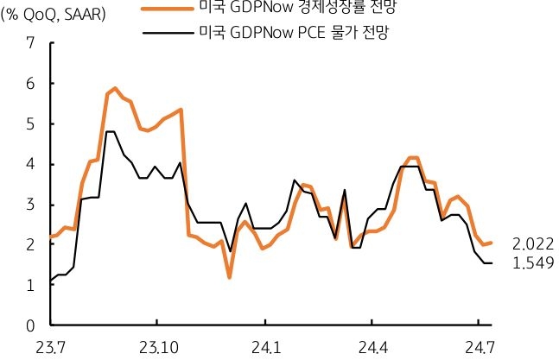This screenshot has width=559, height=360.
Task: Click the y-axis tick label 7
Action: point(31,42)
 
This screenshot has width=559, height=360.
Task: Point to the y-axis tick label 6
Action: point(31,83)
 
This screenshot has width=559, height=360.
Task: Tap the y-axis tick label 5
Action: point(31,123)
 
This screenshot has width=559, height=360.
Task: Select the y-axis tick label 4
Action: point(31,164)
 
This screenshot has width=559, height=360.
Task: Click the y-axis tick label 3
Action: point(31,205)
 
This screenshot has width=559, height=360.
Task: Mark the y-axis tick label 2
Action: point(31,245)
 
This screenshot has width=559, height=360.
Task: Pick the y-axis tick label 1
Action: point(31,285)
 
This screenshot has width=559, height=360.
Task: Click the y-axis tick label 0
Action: point(31,325)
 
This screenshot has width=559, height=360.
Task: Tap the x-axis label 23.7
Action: point(50,347)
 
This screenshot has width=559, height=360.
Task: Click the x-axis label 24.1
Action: point(266,347)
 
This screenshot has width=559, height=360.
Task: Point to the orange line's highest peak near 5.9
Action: point(115,88)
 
